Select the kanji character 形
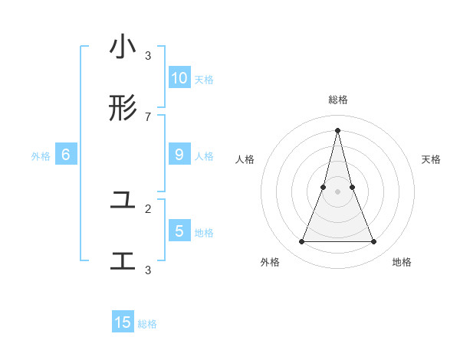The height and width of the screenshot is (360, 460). pyautogui.click(x=123, y=109)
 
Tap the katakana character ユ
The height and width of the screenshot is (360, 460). pyautogui.click(x=123, y=201)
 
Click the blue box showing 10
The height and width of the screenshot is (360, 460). pyautogui.click(x=179, y=77)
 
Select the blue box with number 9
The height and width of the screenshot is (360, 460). pyautogui.click(x=179, y=155)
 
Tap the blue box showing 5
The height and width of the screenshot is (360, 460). pyautogui.click(x=179, y=231)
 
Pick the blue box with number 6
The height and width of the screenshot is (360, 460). pyautogui.click(x=66, y=155)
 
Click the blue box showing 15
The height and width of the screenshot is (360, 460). pyautogui.click(x=123, y=322)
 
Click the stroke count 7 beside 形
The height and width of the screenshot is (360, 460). pyautogui.click(x=148, y=116)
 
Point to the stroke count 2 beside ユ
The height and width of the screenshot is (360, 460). pyautogui.click(x=148, y=208)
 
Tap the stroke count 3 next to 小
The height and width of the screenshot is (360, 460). pyautogui.click(x=148, y=55)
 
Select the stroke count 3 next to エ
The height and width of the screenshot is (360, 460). pyautogui.click(x=148, y=270)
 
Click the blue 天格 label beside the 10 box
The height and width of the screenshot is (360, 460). pyautogui.click(x=204, y=79)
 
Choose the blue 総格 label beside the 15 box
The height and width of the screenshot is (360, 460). pyautogui.click(x=147, y=324)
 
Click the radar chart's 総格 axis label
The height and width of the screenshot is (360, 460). pyautogui.click(x=338, y=100)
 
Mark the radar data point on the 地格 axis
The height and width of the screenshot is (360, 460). pyautogui.click(x=374, y=242)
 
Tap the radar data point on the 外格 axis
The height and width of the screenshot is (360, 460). pyautogui.click(x=301, y=242)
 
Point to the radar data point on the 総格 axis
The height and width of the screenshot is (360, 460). pyautogui.click(x=338, y=129)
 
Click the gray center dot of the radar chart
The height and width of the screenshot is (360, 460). pyautogui.click(x=338, y=191)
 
